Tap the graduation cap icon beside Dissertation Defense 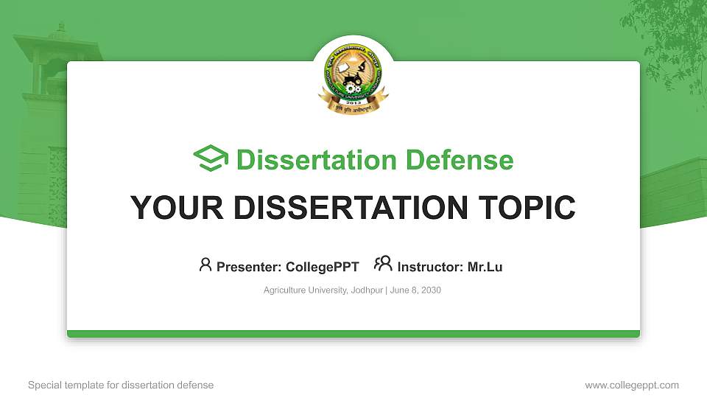[211, 159]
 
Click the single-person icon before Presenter [205, 265]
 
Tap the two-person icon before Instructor [383, 264]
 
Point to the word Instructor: [431, 267]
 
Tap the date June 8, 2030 [415, 290]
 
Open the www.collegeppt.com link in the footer [632, 385]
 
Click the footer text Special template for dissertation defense [121, 385]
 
